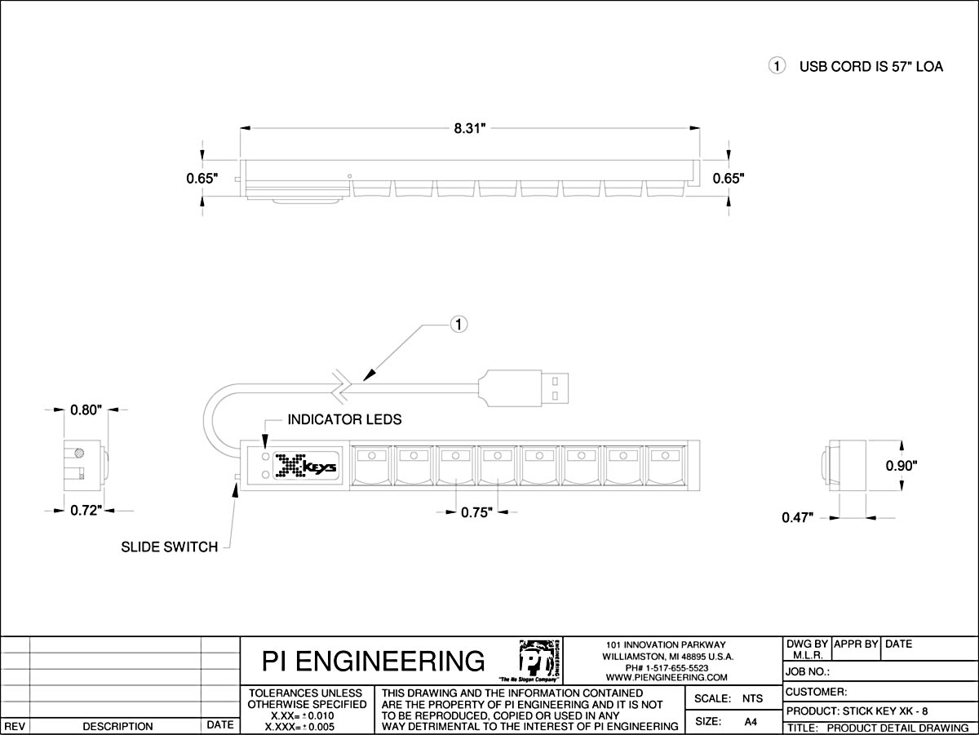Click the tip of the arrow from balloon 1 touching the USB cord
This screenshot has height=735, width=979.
tap(364, 381)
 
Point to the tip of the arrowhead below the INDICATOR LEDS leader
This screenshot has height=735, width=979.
tap(265, 448)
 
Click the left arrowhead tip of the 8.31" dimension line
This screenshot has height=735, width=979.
tap(241, 128)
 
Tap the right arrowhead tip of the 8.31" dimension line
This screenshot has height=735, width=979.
tap(700, 128)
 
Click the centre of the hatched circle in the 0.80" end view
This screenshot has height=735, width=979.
tap(79, 453)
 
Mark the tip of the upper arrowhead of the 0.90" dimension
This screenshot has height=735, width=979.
tap(902, 441)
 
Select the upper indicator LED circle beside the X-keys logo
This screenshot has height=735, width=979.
tap(266, 457)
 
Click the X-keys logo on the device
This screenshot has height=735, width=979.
tap(306, 466)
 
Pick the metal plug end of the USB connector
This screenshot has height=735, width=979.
tap(556, 388)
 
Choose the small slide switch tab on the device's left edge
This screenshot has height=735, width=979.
tap(237, 477)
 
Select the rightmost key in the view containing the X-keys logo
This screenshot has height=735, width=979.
tap(665, 465)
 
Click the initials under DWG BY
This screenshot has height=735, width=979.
tap(808, 655)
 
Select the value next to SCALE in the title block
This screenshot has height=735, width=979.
tap(752, 698)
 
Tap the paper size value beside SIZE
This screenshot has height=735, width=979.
tap(751, 722)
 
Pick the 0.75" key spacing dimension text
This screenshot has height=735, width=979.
tap(476, 512)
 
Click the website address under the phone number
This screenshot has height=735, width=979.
tap(667, 677)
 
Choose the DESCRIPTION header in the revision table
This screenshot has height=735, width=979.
tap(117, 726)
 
